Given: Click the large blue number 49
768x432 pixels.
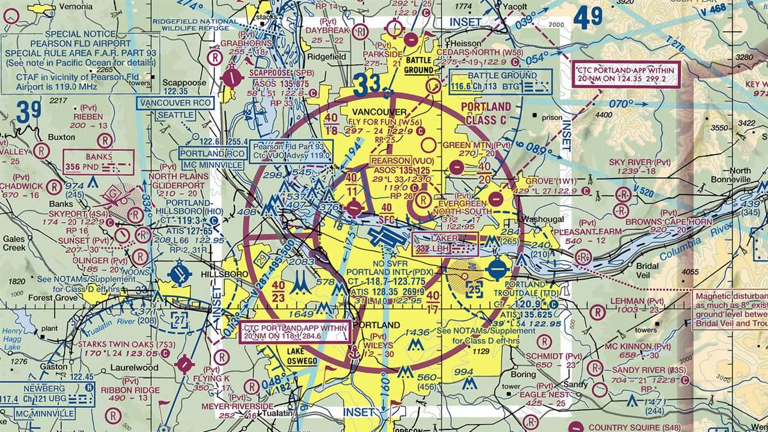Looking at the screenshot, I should pos(588,18).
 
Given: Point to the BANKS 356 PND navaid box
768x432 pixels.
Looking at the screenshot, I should pos(99,162).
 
